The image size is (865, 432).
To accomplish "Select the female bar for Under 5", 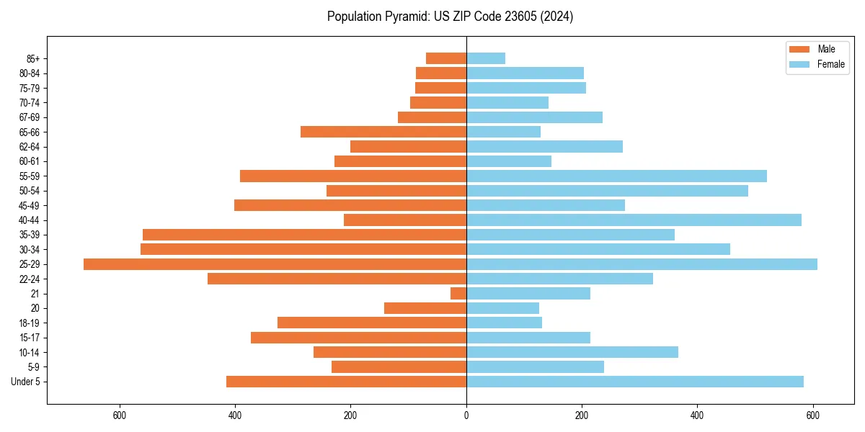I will tap(635, 382).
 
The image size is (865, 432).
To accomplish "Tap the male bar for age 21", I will tap(458, 294).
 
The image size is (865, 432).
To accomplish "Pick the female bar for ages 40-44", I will tap(634, 220).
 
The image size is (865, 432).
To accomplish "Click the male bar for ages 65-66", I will tap(383, 132).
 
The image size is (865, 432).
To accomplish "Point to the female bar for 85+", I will tap(486, 58).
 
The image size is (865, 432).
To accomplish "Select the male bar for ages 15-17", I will tap(358, 338).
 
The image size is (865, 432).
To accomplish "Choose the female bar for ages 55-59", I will tap(616, 176).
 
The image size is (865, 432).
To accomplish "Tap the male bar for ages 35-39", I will tap(304, 235).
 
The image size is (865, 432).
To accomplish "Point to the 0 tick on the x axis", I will tap(466, 415).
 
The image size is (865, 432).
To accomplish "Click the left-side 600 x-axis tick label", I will tap(120, 415).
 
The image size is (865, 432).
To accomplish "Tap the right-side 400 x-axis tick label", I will tap(697, 415).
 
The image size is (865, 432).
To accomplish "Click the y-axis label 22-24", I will tap(30, 279).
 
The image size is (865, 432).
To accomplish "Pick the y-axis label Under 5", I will tap(26, 382).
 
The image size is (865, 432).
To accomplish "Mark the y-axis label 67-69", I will tap(30, 117).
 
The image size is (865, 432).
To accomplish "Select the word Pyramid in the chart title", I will tap(406, 17).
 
